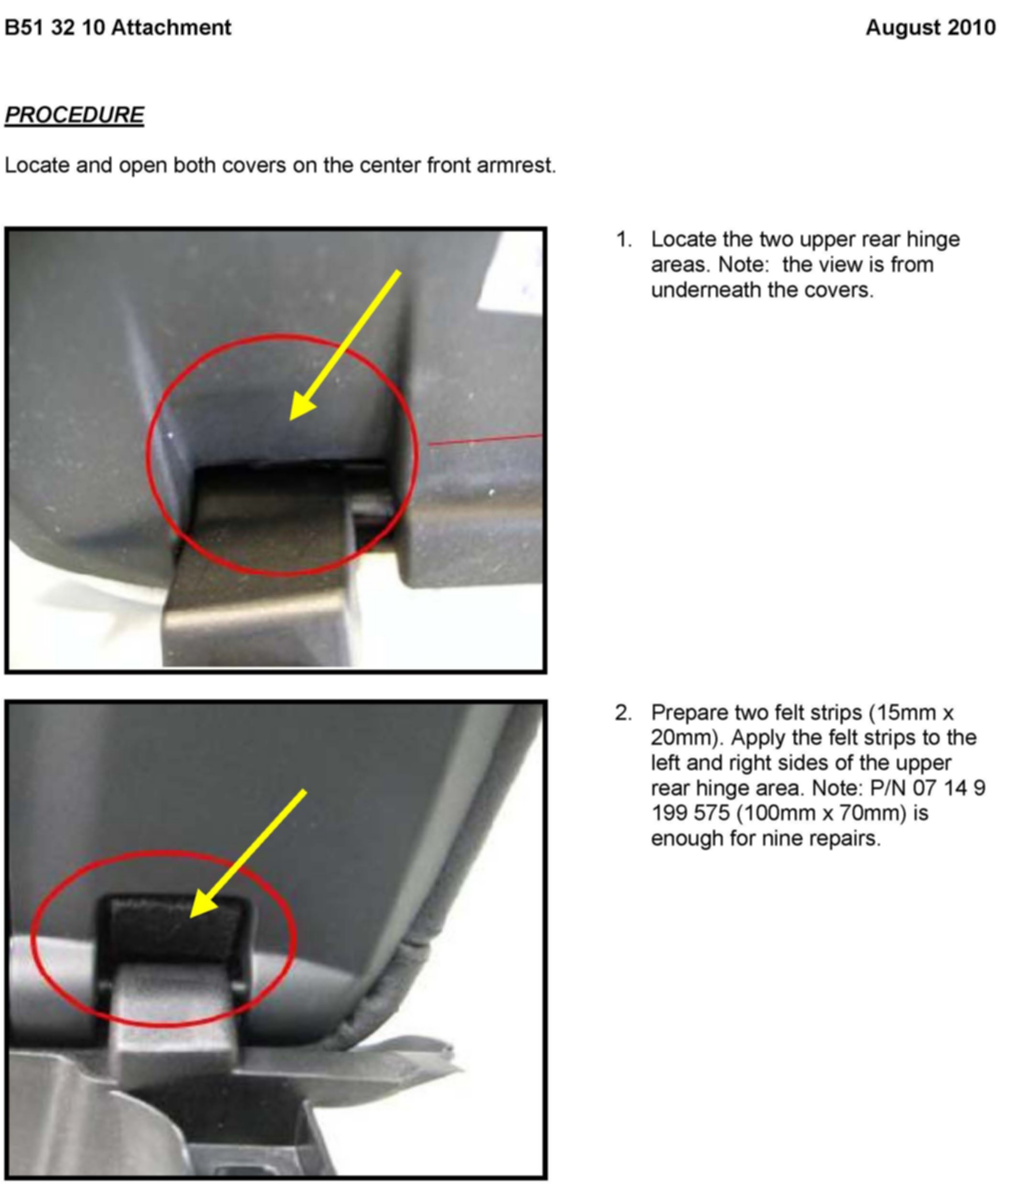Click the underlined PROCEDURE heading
[x=75, y=115]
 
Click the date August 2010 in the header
[x=930, y=28]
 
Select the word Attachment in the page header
[x=171, y=28]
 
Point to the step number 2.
[x=623, y=713]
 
